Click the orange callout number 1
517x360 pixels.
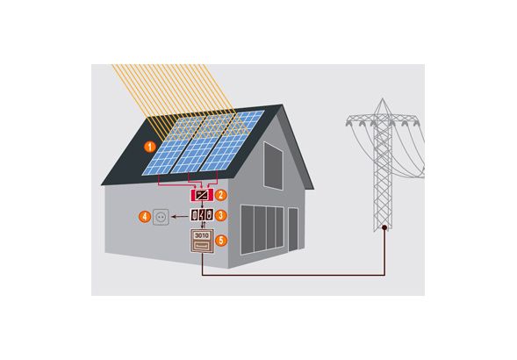(x=150, y=147)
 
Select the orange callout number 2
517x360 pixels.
(x=221, y=195)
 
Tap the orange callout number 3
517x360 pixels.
(x=221, y=215)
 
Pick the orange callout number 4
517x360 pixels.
(x=145, y=217)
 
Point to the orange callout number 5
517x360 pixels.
(x=221, y=241)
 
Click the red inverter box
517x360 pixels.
(x=202, y=195)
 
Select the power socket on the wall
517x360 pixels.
(x=161, y=217)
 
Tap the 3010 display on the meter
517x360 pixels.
(x=202, y=235)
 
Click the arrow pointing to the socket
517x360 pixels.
(x=180, y=217)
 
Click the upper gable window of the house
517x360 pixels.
(x=273, y=166)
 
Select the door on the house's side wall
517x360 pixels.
(x=293, y=229)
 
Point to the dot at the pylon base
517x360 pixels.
(x=384, y=227)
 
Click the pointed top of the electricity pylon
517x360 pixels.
(x=383, y=98)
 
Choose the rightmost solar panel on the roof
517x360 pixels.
(x=232, y=140)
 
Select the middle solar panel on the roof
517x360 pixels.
(x=203, y=143)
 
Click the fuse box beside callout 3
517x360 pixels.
(x=202, y=215)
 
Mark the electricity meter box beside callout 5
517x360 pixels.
(x=202, y=241)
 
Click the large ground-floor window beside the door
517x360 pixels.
(x=262, y=230)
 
